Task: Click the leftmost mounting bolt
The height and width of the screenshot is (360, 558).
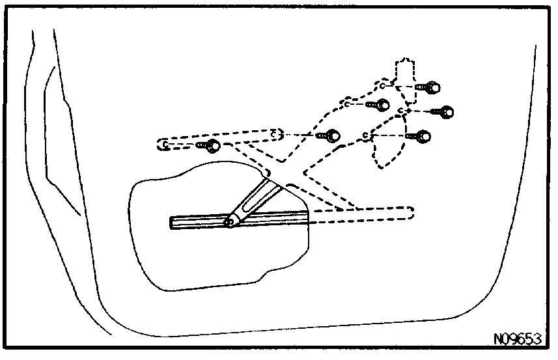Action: (210, 145)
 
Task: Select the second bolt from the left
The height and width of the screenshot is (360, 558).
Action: (331, 136)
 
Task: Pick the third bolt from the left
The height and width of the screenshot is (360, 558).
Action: (380, 104)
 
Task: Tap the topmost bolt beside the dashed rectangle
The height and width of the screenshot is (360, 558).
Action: (430, 87)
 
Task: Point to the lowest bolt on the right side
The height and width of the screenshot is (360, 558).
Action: (421, 136)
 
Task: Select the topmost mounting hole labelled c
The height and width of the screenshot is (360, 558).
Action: (384, 85)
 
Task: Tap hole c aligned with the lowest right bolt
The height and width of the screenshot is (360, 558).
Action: (366, 135)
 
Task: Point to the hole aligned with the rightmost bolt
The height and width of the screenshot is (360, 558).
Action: (402, 112)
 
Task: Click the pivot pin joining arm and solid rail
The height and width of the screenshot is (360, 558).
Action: (229, 222)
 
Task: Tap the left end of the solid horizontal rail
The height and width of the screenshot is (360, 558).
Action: (173, 223)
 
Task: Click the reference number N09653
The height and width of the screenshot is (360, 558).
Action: (517, 340)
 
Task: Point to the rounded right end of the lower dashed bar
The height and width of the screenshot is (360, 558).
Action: (409, 213)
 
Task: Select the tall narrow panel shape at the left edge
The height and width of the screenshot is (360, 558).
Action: (49, 130)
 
